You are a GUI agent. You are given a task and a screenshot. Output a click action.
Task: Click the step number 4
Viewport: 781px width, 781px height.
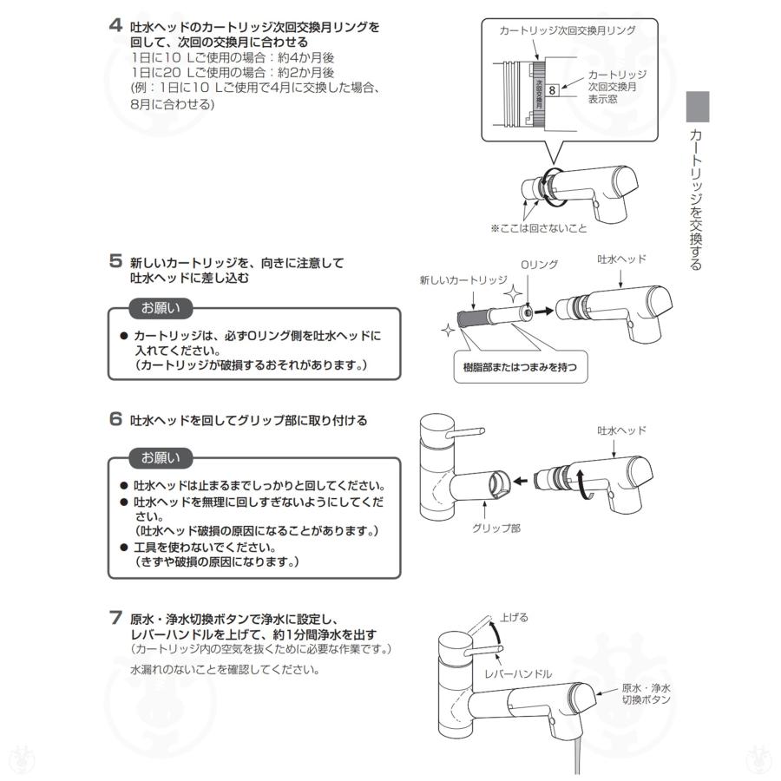[115, 26]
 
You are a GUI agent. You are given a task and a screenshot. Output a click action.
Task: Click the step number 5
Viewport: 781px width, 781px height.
[115, 260]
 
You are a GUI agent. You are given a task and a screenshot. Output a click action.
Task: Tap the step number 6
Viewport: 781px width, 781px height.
[115, 419]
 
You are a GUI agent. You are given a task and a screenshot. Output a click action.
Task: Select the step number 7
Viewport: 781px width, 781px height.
[115, 619]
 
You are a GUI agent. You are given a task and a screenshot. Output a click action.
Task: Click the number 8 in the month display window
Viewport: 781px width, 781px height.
[552, 88]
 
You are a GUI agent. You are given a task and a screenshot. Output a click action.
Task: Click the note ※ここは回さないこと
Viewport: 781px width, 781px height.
[538, 228]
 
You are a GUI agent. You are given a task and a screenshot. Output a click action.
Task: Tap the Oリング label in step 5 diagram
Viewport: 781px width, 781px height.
[538, 264]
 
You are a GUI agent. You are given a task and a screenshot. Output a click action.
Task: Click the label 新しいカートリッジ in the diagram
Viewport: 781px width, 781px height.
[463, 279]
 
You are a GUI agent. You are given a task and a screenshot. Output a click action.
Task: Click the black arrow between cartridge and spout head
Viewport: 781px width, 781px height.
[543, 308]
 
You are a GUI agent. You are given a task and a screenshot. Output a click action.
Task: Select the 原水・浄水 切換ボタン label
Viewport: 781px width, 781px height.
[646, 692]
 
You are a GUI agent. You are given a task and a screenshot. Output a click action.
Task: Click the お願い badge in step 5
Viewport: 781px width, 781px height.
[161, 308]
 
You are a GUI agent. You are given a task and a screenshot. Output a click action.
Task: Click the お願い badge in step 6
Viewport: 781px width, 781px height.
[161, 457]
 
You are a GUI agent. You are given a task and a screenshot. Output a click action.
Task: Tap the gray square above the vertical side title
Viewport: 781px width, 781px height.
[698, 107]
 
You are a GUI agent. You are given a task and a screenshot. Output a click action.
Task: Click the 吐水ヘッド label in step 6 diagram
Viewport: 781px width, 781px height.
[621, 430]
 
